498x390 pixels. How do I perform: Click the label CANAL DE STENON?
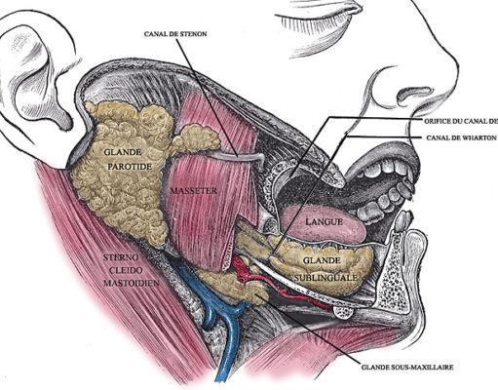pyautogui.click(x=175, y=34)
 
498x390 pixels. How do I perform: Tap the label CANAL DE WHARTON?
pyautogui.click(x=461, y=137)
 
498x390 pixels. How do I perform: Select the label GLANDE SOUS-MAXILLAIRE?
pyautogui.click(x=407, y=368)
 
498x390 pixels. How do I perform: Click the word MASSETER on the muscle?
pyautogui.click(x=194, y=191)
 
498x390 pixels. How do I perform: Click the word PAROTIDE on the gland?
pyautogui.click(x=130, y=167)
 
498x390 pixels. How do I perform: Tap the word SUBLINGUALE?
pyautogui.click(x=326, y=278)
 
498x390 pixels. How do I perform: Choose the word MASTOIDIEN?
pyautogui.click(x=132, y=283)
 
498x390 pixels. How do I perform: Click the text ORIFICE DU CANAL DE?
pyautogui.click(x=461, y=121)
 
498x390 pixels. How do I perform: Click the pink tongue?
pyautogui.click(x=323, y=223)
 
